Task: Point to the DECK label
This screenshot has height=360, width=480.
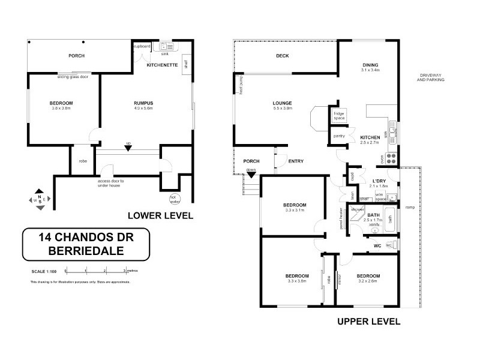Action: pyautogui.click(x=283, y=56)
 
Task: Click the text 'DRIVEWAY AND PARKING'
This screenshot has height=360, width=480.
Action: pyautogui.click(x=431, y=77)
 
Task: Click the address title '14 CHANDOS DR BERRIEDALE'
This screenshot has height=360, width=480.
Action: pyautogui.click(x=86, y=244)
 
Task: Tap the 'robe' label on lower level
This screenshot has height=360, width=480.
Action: pyautogui.click(x=83, y=161)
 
